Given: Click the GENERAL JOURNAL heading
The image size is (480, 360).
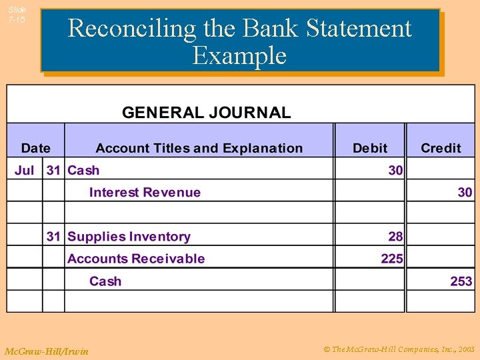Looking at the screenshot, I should click(x=206, y=112).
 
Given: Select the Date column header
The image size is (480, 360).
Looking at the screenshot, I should click(x=35, y=148).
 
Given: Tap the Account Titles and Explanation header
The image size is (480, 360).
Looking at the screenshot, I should click(x=199, y=148).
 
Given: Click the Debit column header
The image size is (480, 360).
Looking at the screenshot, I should click(x=370, y=148).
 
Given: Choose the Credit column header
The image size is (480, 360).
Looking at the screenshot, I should click(x=441, y=148).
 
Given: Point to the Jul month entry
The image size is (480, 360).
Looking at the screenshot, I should click(x=24, y=170).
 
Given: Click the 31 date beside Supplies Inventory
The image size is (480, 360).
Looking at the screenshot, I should click(x=53, y=237).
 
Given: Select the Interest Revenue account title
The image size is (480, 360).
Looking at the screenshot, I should click(x=145, y=193).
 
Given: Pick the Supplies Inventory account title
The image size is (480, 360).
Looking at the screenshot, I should click(x=129, y=237).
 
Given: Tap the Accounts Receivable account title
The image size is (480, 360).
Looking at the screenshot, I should click(x=136, y=259).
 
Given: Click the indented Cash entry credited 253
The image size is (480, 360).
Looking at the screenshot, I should click(x=105, y=281).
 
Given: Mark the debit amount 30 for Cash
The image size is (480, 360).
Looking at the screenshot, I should click(x=395, y=170).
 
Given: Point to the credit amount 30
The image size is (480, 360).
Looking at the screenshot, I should click(x=465, y=193).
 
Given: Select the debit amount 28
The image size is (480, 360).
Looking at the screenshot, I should click(x=395, y=237).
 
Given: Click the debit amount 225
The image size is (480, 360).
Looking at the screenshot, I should click(x=392, y=259).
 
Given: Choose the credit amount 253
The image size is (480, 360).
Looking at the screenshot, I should click(x=461, y=281).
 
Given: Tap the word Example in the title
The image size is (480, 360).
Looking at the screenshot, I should click(x=239, y=55).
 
